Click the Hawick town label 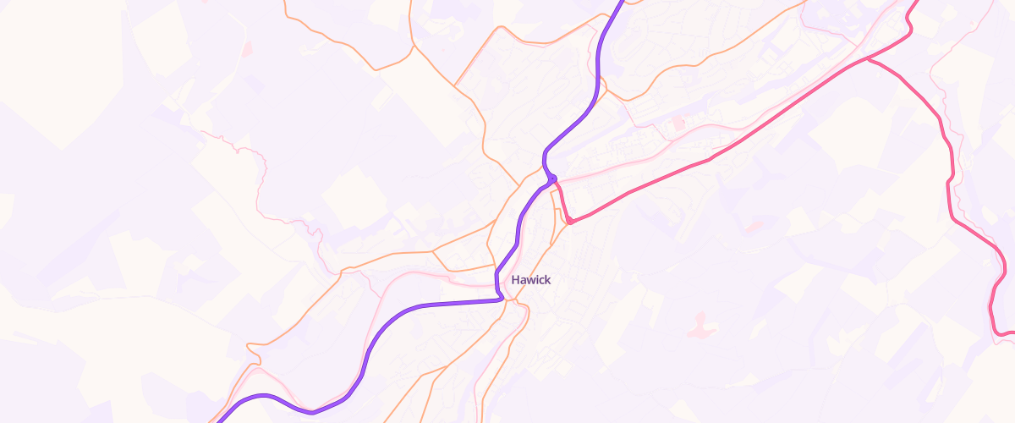click(531, 279)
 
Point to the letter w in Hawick click(530, 280)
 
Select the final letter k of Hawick click(547, 279)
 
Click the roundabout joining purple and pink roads click(552, 179)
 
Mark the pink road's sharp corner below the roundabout click(571, 222)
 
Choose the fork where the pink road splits click(869, 60)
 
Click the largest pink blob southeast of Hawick click(698, 323)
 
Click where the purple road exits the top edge click(622, 3)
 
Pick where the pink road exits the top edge click(917, 3)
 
